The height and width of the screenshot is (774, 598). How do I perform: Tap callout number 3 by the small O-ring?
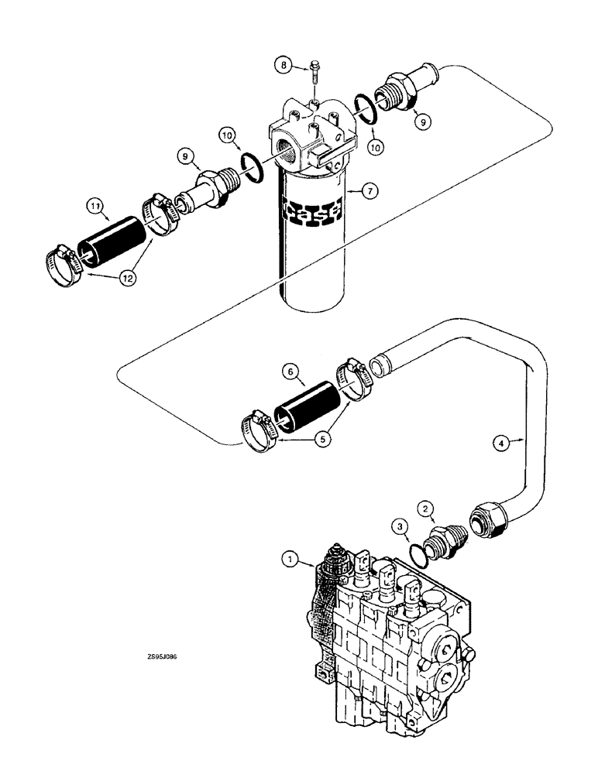click(400, 526)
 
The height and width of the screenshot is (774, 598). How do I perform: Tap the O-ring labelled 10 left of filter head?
click(251, 164)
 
